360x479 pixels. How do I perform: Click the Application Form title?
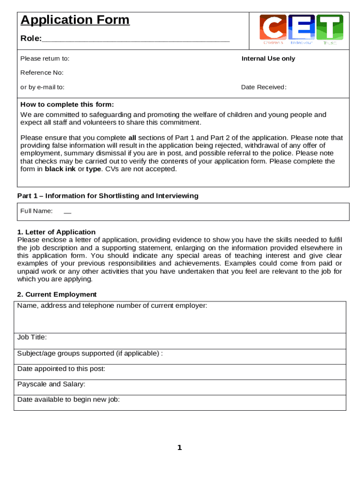pyautogui.click(x=75, y=20)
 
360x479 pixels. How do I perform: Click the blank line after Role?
pyautogui.click(x=136, y=39)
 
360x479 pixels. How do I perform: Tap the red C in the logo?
pyautogui.click(x=273, y=27)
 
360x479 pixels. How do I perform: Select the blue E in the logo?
pyautogui.click(x=302, y=27)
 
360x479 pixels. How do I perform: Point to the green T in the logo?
pyautogui.click(x=330, y=27)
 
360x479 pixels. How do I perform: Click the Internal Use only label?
pyautogui.click(x=268, y=58)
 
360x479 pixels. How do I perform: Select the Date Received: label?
pyautogui.click(x=264, y=87)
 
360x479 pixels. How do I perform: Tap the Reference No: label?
pyautogui.click(x=42, y=73)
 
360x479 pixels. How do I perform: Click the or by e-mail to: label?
pyautogui.click(x=42, y=87)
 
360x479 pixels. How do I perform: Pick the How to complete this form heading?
pyautogui.click(x=67, y=104)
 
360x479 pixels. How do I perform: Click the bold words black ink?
pyautogui.click(x=60, y=169)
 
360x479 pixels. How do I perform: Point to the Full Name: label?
pyautogui.click(x=36, y=211)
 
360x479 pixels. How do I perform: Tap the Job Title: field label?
pyautogui.click(x=32, y=337)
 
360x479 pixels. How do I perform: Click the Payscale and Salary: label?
pyautogui.click(x=51, y=384)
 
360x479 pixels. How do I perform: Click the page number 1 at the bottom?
pyautogui.click(x=180, y=448)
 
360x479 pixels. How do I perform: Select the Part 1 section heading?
pyautogui.click(x=108, y=196)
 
